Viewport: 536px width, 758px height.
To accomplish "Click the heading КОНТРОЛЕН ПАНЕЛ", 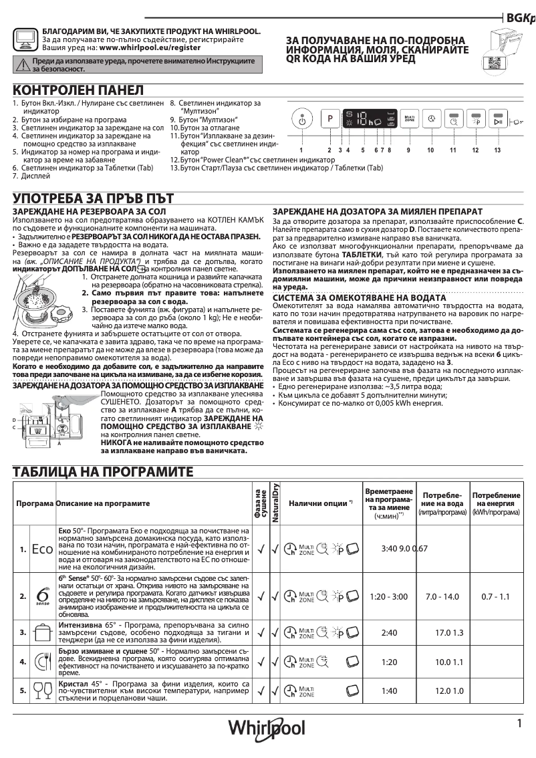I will [78, 90].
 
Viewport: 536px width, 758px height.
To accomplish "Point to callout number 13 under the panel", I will [497, 150].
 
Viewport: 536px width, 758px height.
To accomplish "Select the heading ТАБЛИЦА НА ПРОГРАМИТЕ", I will [103, 472].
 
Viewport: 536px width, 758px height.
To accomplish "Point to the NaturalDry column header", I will [274, 503].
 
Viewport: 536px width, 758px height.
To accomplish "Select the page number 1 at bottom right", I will [519, 723].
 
